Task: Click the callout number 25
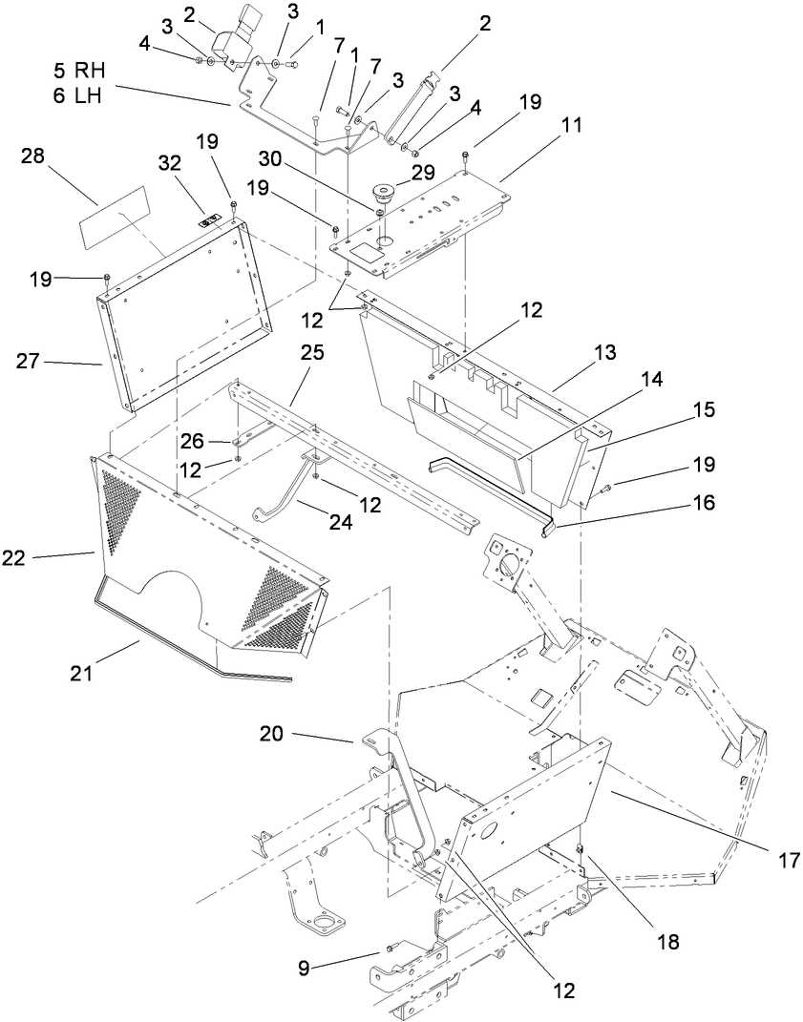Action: (313, 352)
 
